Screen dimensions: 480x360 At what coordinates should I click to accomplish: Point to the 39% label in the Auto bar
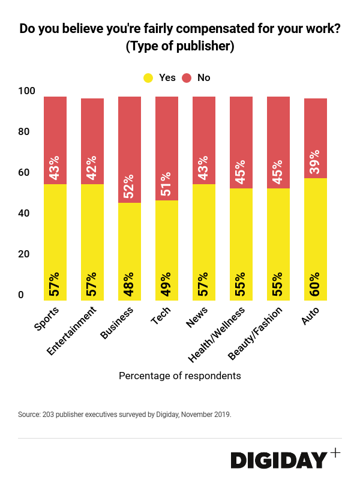[x=316, y=161]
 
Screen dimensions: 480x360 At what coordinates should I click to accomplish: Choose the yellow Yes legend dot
[x=148, y=77]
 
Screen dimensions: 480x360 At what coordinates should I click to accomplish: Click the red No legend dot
[x=187, y=77]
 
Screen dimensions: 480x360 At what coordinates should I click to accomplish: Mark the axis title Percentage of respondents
[x=180, y=376]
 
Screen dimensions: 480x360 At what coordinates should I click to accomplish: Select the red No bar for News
[x=204, y=138]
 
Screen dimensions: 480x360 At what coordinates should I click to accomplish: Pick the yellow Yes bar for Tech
[x=167, y=240]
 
